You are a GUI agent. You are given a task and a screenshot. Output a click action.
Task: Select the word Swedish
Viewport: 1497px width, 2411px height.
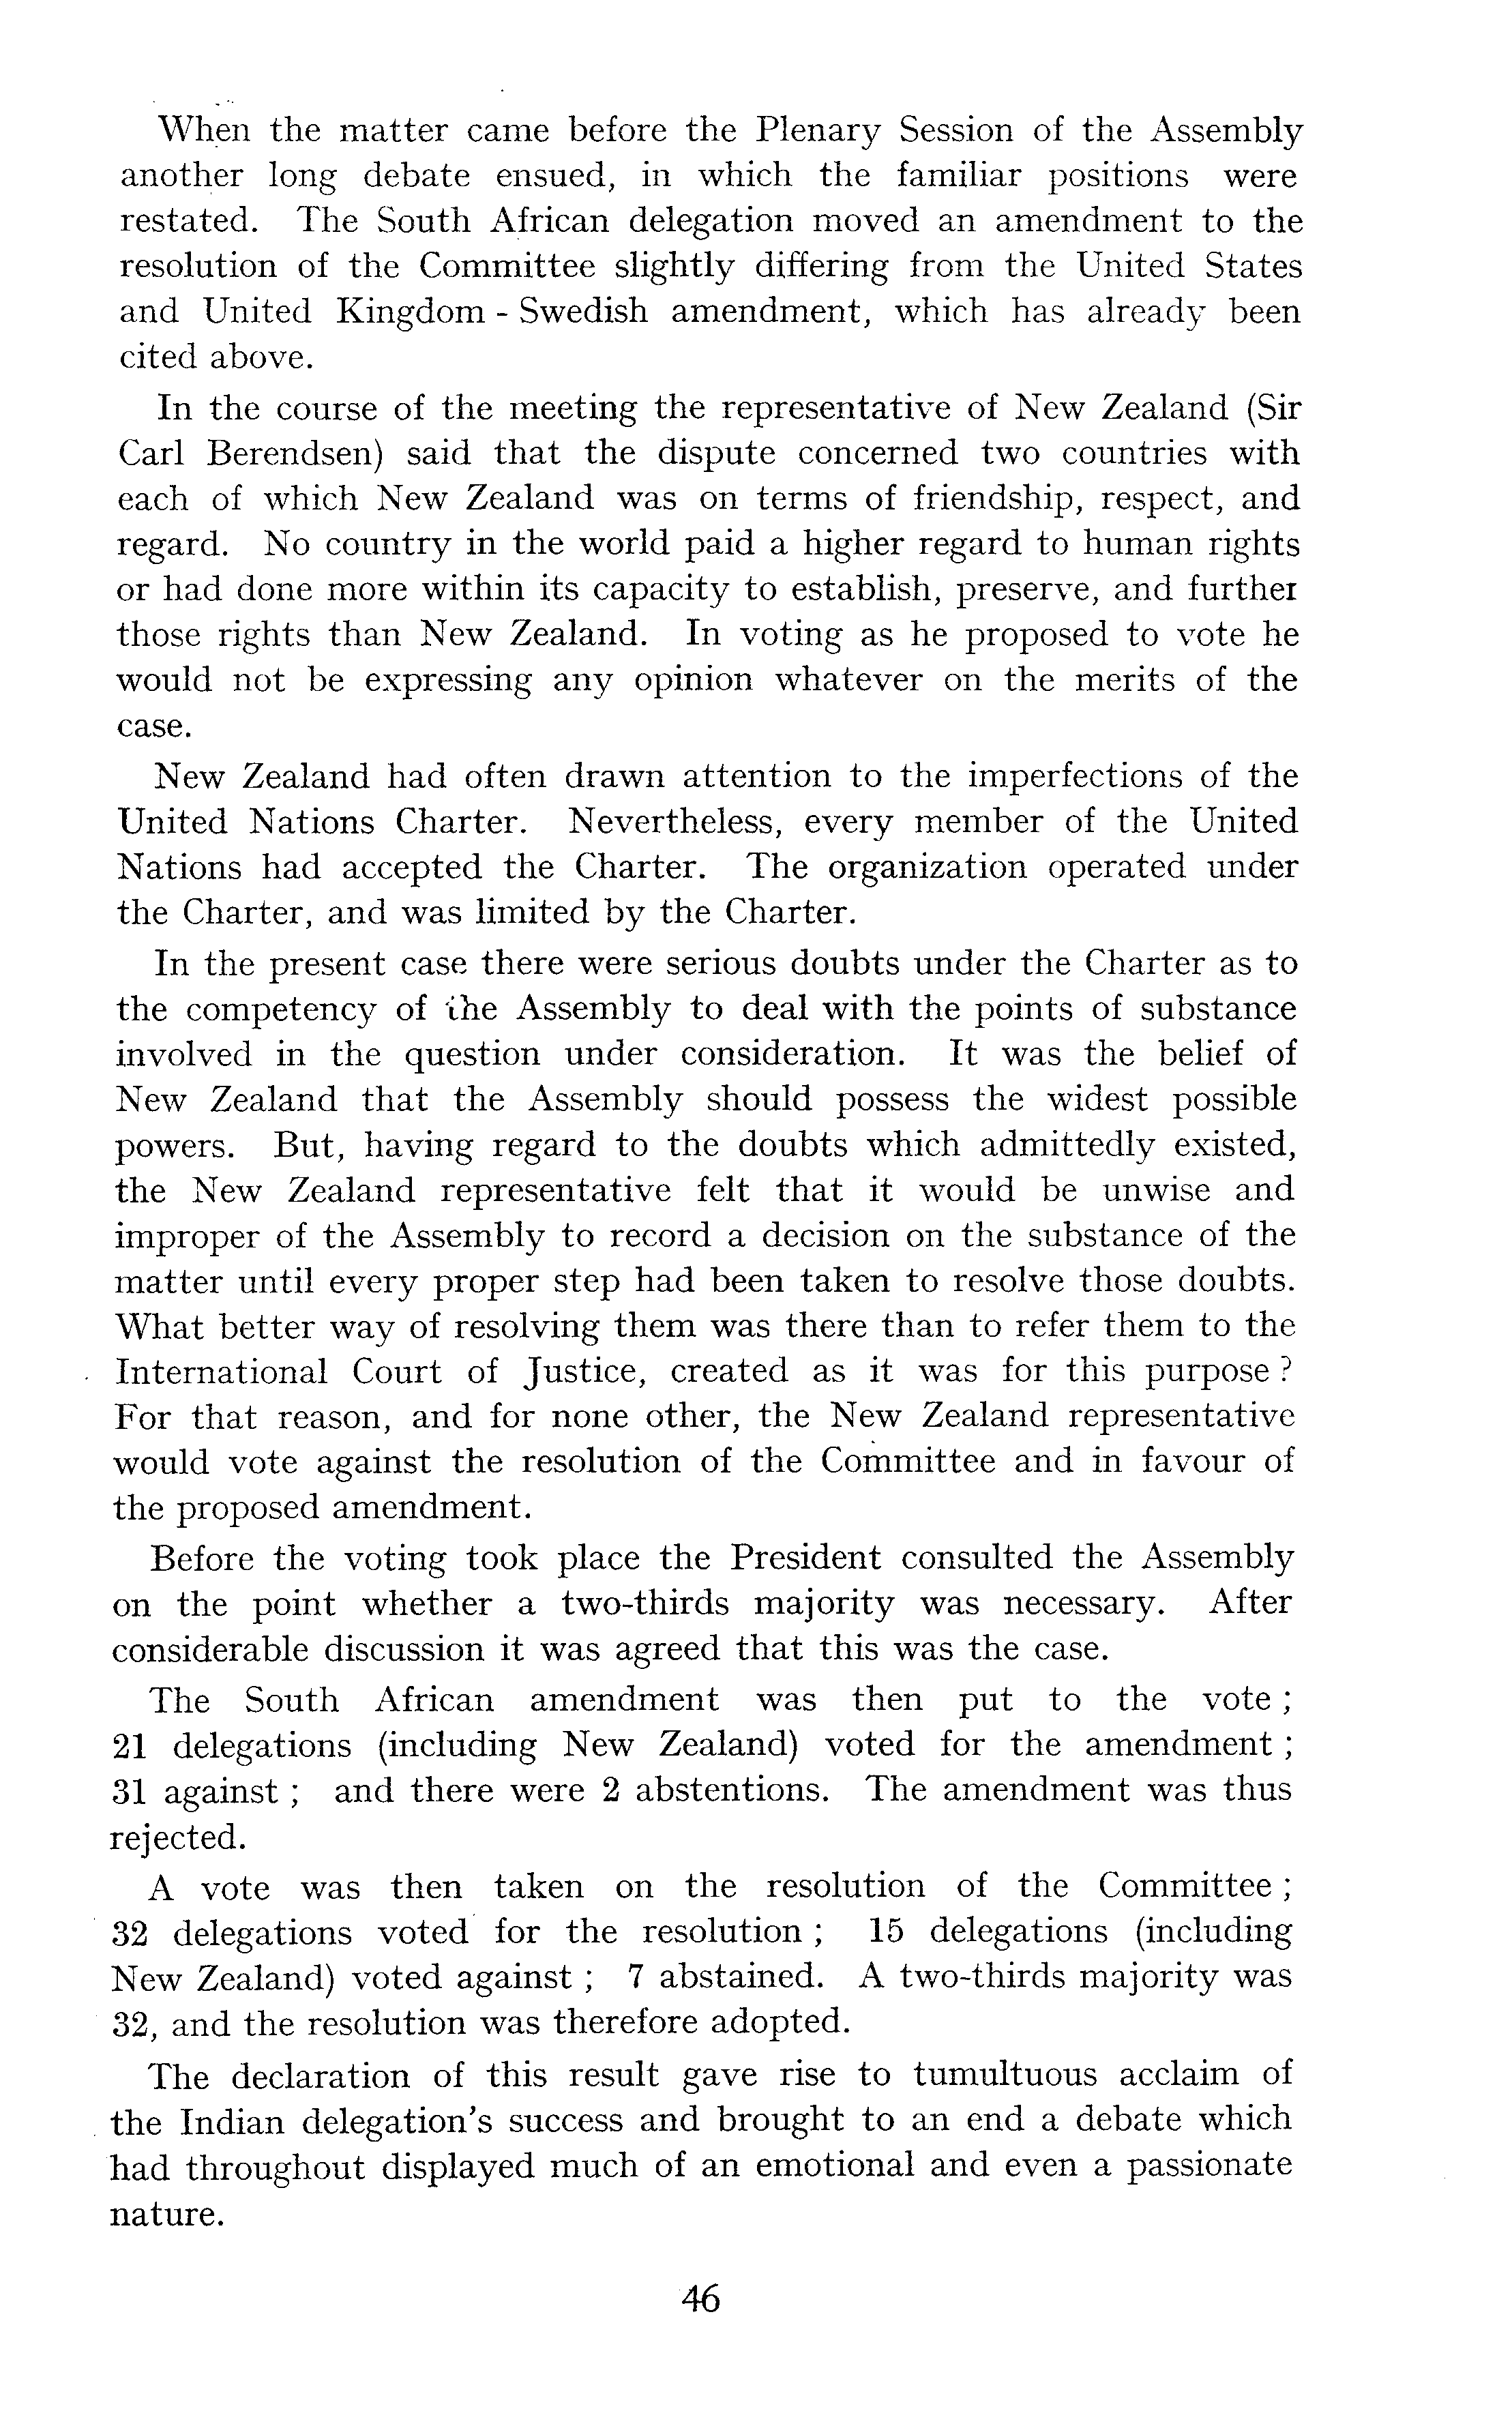point(583,312)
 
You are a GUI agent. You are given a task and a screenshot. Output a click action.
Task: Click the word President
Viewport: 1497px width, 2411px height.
point(805,1558)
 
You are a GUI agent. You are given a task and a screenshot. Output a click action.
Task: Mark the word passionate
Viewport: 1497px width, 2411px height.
point(1210,2165)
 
